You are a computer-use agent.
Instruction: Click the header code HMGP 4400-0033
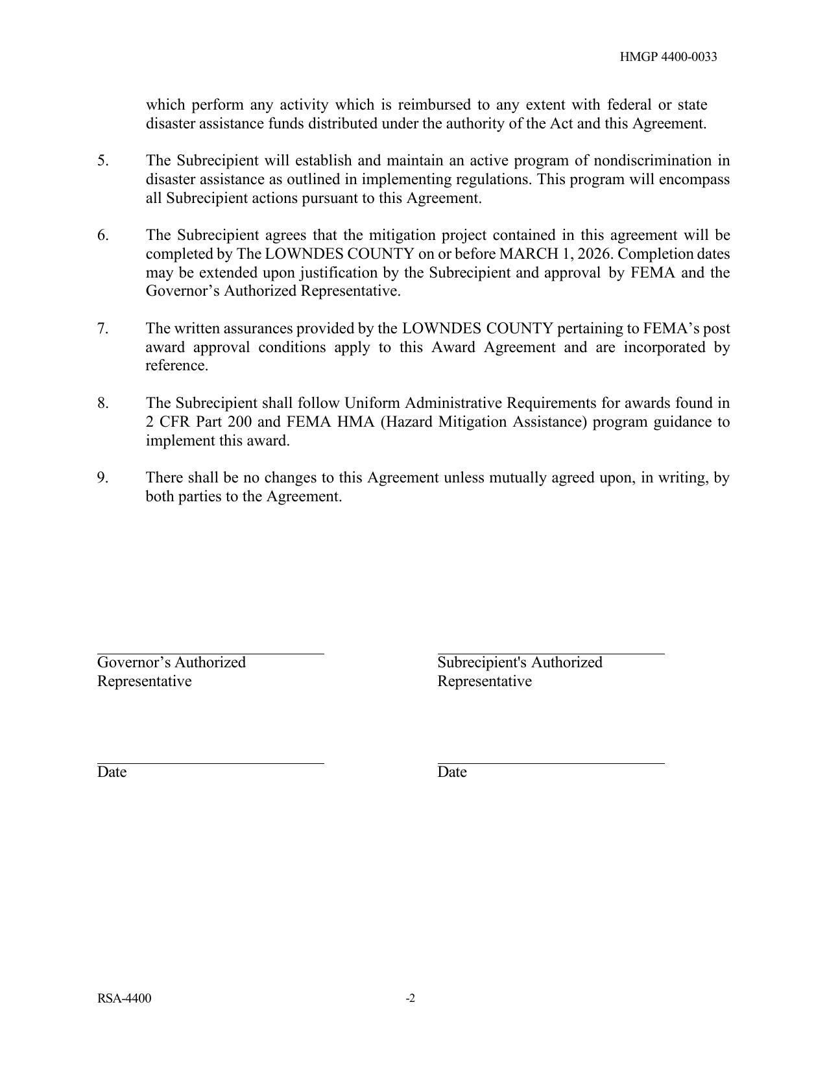pos(668,57)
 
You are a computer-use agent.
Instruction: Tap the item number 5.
pos(103,160)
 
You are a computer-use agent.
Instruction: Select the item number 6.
pos(103,235)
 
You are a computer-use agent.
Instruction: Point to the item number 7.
pos(103,329)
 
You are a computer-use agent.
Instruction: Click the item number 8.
pos(103,403)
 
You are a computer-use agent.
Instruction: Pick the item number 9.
pos(103,478)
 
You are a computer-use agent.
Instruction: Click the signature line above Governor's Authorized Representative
pos(210,654)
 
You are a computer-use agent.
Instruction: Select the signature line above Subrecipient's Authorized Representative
pos(551,654)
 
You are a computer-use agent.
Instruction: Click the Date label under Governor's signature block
pos(112,772)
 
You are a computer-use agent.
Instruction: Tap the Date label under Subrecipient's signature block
pos(452,772)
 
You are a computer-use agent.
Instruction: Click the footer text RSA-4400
pos(125,999)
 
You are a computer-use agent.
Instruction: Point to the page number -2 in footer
pos(411,999)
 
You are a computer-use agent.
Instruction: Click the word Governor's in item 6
pos(182,291)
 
